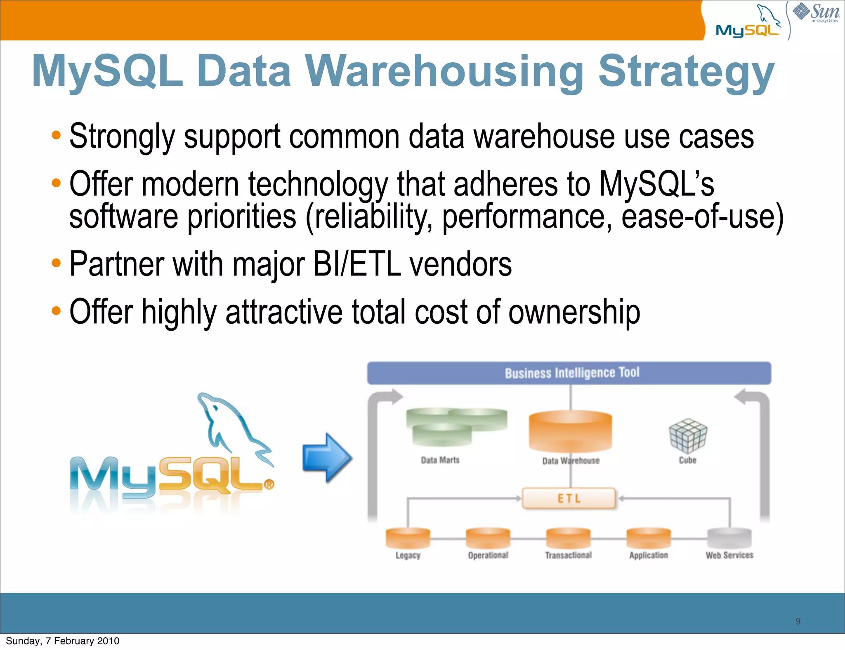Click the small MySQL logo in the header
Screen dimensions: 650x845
[748, 23]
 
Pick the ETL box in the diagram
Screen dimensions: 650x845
[569, 499]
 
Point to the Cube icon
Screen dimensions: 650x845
[688, 436]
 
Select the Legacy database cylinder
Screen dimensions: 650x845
[408, 538]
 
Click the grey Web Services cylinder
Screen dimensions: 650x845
[729, 538]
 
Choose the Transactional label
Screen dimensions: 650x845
[568, 555]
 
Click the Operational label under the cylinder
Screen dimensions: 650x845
[488, 555]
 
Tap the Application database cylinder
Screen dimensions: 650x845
[649, 538]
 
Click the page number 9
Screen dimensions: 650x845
[798, 621]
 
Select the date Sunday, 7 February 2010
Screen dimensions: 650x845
[63, 641]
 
